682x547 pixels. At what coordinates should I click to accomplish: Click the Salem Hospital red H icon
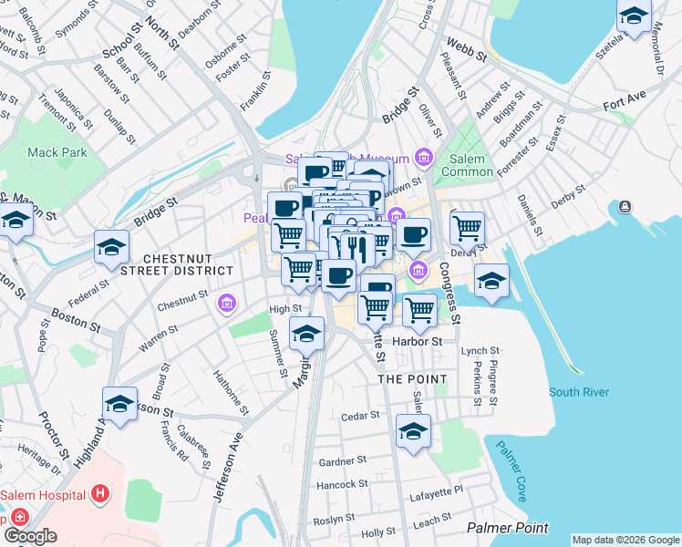pyautogui.click(x=100, y=495)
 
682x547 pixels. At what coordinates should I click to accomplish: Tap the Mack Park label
pyautogui.click(x=57, y=152)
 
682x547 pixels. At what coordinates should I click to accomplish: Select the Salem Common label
pyautogui.click(x=465, y=165)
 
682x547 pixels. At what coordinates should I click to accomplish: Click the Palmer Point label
pyautogui.click(x=508, y=528)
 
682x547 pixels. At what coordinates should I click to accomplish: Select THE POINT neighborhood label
pyautogui.click(x=412, y=378)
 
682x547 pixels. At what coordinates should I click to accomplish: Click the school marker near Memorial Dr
pyautogui.click(x=634, y=15)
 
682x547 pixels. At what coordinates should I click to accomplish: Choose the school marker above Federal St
pyautogui.click(x=112, y=248)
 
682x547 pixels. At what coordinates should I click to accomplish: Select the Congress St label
pyautogui.click(x=449, y=294)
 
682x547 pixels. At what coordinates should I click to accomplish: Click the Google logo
pyautogui.click(x=30, y=536)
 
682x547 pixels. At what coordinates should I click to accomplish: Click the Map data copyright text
pyautogui.click(x=625, y=540)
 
